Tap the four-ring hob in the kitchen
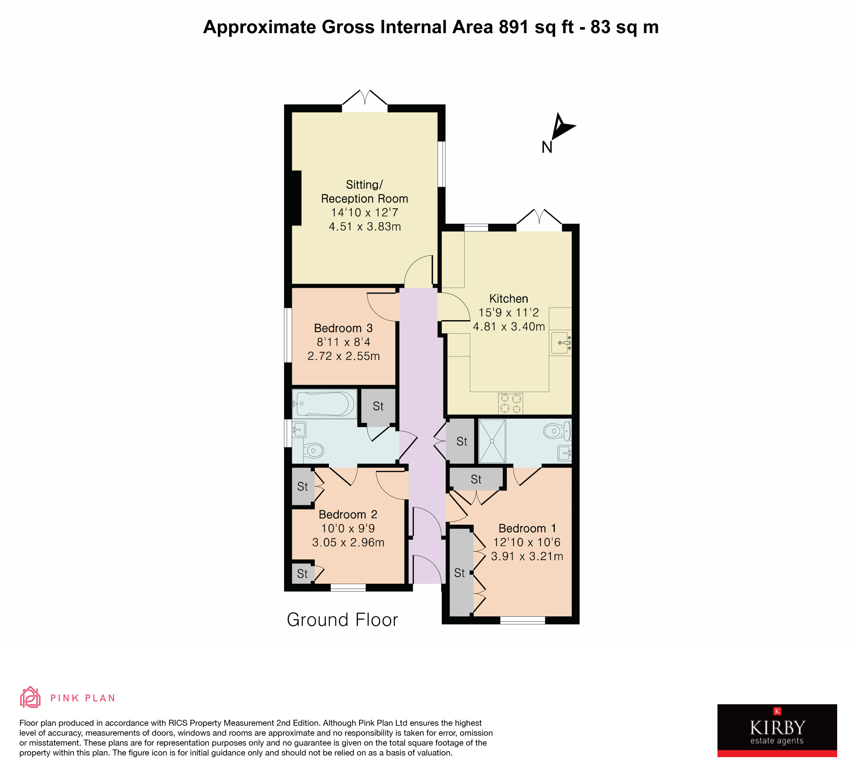(x=510, y=403)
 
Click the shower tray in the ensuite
(x=492, y=441)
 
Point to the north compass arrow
(x=562, y=126)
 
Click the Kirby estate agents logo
(x=777, y=730)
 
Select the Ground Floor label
(x=342, y=620)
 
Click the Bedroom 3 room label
(x=343, y=328)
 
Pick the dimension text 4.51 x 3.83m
(x=365, y=226)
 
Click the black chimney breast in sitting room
(x=296, y=198)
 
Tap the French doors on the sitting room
(x=365, y=101)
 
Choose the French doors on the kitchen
(x=539, y=220)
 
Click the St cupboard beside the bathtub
(x=378, y=407)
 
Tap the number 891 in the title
(x=513, y=27)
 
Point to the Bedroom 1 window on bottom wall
(x=522, y=621)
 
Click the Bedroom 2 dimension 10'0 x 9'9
(x=348, y=528)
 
